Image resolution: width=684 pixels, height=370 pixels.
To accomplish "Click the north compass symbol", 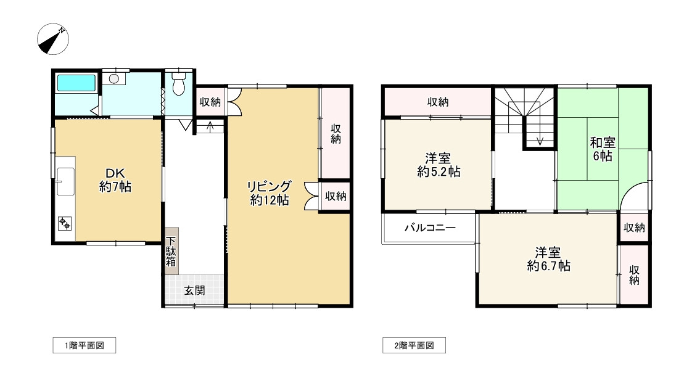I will [52, 39].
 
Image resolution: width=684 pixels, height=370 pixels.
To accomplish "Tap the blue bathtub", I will [76, 84].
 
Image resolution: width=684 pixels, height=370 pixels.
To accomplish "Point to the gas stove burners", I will [65, 223].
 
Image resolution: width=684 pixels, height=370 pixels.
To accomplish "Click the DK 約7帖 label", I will [115, 179].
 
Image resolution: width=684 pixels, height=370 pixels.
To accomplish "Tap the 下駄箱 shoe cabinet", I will [171, 251].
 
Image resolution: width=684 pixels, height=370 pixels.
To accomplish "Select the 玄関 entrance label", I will [194, 290].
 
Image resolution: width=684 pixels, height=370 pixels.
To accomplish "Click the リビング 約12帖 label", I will [270, 193].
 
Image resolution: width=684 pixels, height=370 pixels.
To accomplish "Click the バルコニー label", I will [430, 228].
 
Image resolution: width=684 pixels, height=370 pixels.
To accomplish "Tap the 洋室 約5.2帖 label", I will [438, 165].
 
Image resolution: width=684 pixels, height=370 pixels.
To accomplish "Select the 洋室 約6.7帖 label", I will [548, 259].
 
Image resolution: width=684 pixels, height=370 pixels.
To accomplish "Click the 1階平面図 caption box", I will [83, 346].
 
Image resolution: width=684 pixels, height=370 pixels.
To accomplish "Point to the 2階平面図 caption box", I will [413, 346].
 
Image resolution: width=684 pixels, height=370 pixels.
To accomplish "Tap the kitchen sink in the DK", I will [65, 181].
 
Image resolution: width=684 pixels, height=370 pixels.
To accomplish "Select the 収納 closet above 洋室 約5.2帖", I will [438, 102].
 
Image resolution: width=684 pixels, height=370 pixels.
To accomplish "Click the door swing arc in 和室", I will [635, 196].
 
